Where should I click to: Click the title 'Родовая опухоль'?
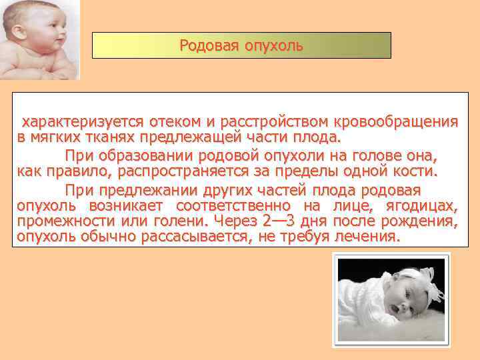(x=241, y=46)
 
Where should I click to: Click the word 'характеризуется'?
(x=73, y=122)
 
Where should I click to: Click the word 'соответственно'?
(x=237, y=205)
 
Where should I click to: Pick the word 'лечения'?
(x=371, y=237)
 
